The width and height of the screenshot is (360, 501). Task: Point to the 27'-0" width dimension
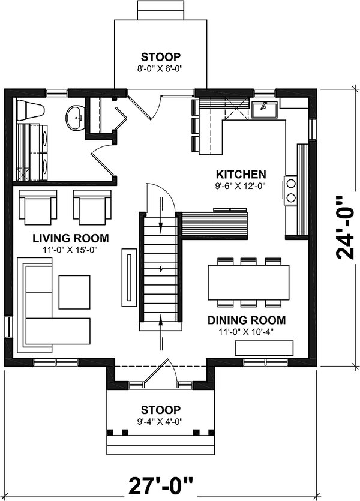pyautogui.click(x=161, y=484)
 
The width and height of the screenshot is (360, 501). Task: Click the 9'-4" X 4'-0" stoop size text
pyautogui.click(x=160, y=422)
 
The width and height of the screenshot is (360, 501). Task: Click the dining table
pyautogui.click(x=248, y=282)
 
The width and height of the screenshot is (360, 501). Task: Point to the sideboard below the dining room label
pyautogui.click(x=264, y=347)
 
